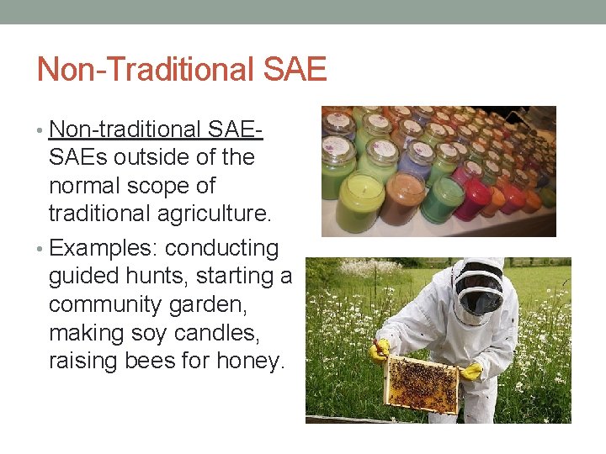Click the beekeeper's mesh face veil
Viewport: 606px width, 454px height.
tap(477, 295)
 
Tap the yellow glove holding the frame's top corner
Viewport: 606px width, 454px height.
tap(380, 350)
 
